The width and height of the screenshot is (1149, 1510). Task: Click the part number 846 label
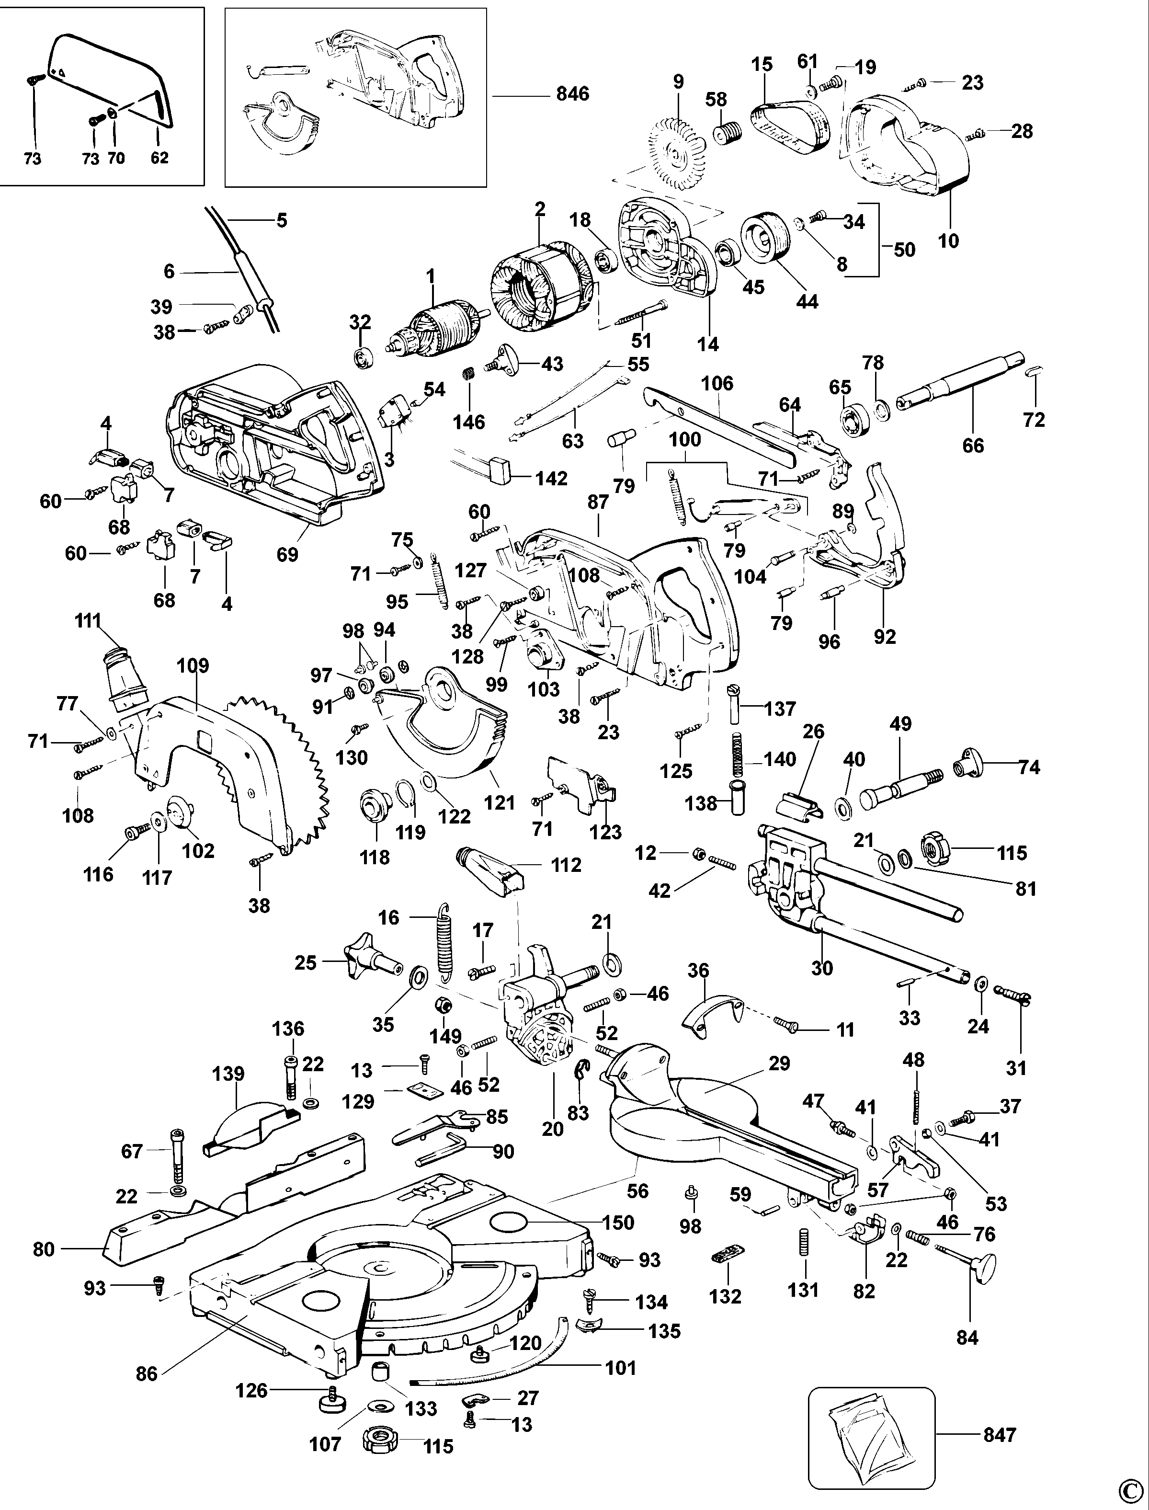pyautogui.click(x=572, y=94)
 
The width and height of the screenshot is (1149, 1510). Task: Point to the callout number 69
pyautogui.click(x=287, y=554)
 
